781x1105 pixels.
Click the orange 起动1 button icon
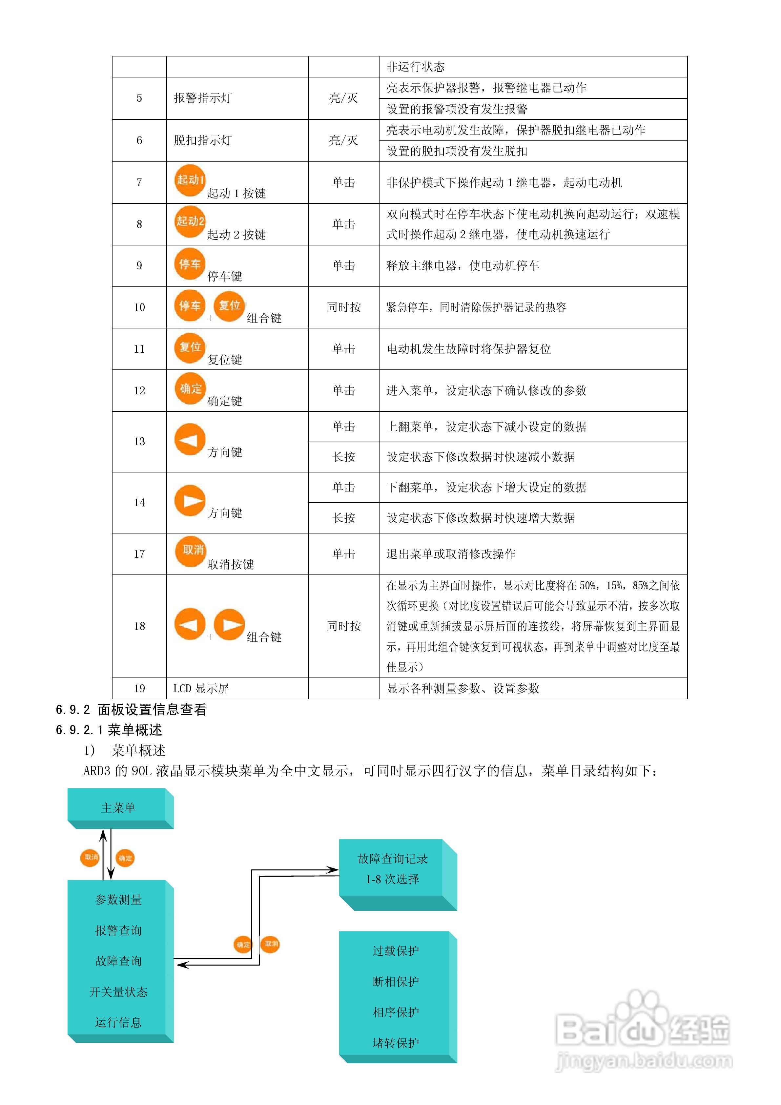point(190,180)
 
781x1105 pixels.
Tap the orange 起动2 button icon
point(190,222)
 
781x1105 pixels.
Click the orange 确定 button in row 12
point(190,389)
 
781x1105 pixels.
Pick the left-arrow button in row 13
point(190,439)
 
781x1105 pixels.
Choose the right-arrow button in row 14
point(190,501)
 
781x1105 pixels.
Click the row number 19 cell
point(139,688)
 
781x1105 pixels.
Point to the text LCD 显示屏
point(201,688)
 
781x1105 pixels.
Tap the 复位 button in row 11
point(190,347)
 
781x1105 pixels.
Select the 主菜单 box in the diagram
point(118,808)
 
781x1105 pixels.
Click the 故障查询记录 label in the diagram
point(393,859)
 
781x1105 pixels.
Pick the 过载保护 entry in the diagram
point(396,951)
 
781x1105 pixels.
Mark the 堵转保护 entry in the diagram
point(396,1042)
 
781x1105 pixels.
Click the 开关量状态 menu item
point(118,992)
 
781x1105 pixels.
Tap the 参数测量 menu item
point(118,900)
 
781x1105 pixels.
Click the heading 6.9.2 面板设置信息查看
point(131,709)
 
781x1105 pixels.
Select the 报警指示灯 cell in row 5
point(203,98)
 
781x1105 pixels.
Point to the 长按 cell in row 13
point(343,457)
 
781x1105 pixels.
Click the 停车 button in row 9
point(190,264)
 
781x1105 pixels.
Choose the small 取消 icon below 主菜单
point(90,857)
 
